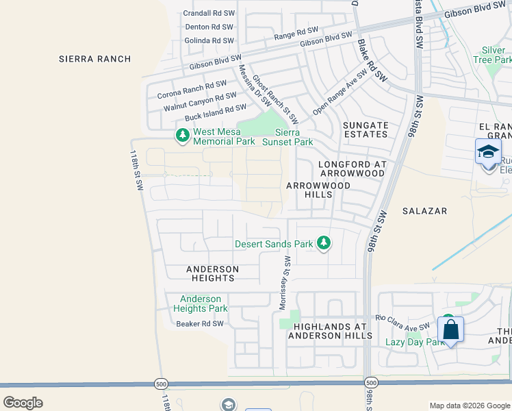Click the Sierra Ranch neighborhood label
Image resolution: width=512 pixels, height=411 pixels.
94,59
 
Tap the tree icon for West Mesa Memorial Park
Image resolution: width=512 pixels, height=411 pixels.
182,135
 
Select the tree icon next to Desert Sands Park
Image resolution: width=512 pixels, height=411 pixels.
324,243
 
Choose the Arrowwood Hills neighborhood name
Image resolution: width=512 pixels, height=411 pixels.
318,190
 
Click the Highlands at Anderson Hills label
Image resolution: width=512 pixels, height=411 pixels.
330,330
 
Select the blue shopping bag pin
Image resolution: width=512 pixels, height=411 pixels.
450,329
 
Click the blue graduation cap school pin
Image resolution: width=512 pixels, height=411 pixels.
488,151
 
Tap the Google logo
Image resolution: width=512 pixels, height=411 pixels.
23,402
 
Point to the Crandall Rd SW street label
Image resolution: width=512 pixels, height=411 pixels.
209,13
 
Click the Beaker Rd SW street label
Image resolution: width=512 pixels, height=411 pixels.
200,324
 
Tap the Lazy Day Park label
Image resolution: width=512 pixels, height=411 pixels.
415,342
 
